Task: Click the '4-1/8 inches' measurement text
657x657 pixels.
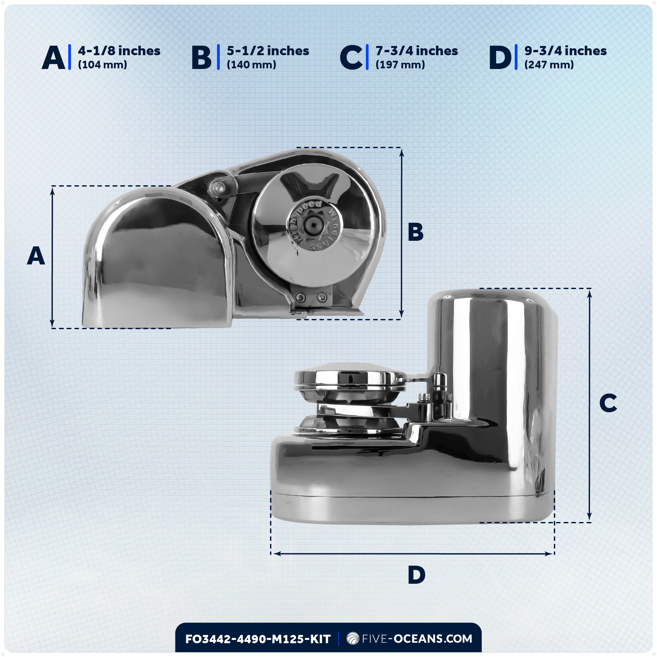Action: pos(119,51)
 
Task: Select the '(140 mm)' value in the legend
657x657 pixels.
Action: pos(251,65)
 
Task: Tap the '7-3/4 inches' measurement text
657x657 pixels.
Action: pos(417,51)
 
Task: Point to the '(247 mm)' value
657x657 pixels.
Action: pos(549,65)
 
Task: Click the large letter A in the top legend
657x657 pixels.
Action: pos(54,58)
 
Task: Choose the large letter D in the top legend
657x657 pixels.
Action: pos(500,58)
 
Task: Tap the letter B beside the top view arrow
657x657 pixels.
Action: pos(416,232)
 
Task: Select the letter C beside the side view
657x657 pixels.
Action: pos(608,403)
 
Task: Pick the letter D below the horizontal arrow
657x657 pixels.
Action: pos(417,576)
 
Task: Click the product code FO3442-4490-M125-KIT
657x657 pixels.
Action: pos(258,639)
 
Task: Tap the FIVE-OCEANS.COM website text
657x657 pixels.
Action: pos(417,639)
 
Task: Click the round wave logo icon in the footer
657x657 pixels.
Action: pos(352,639)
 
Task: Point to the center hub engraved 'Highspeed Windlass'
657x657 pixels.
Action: pos(313,225)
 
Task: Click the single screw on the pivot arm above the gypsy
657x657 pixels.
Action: pos(218,187)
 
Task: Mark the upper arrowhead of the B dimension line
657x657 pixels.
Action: pos(402,152)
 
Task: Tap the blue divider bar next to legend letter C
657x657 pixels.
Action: pos(367,57)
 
